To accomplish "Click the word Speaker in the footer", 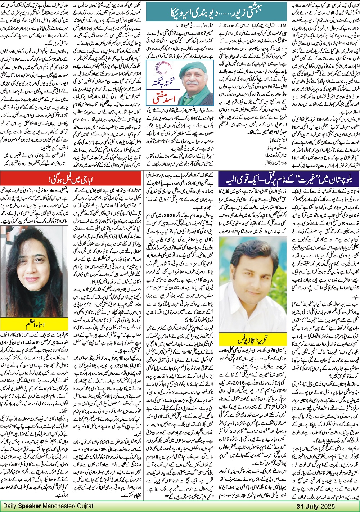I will [x=32, y=506].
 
